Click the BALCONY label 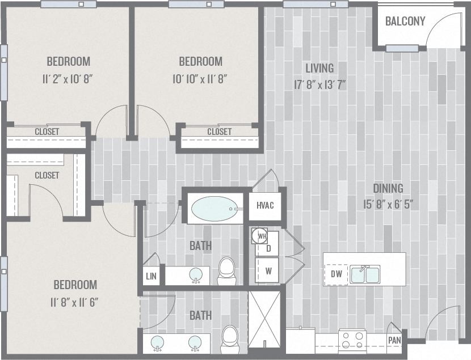point(405,22)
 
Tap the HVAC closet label point(265,205)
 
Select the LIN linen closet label point(151,276)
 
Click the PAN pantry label point(394,340)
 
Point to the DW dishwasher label point(336,274)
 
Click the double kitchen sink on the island point(365,274)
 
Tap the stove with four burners point(352,340)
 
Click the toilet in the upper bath point(226,271)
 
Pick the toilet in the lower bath point(230,336)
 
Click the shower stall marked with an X point(264,319)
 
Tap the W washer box point(268,271)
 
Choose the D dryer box point(268,248)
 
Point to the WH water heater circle point(262,235)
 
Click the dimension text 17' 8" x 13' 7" point(319,85)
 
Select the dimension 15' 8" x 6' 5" point(388,204)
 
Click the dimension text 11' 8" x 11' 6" point(75,302)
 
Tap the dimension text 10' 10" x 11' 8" point(200,79)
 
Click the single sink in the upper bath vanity point(196,275)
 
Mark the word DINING point(388,188)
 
